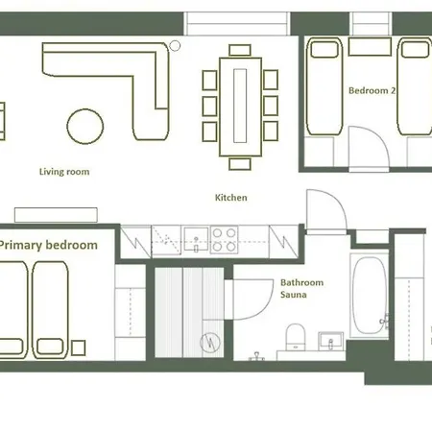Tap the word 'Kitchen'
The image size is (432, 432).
[x=231, y=198]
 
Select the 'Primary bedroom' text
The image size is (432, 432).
[x=48, y=246]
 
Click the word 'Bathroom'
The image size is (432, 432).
[x=301, y=284]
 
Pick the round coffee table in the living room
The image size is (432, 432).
[x=85, y=125]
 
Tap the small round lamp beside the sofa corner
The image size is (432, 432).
[x=175, y=44]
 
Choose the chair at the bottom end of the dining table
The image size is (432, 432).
[x=238, y=163]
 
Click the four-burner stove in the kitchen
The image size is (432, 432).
[x=224, y=238]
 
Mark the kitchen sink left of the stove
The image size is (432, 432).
[x=196, y=238]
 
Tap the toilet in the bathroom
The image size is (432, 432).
[x=296, y=336]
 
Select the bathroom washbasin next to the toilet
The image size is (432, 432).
[x=331, y=340]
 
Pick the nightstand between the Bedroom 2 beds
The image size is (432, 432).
[x=370, y=48]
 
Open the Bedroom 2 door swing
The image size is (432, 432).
[x=370, y=149]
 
